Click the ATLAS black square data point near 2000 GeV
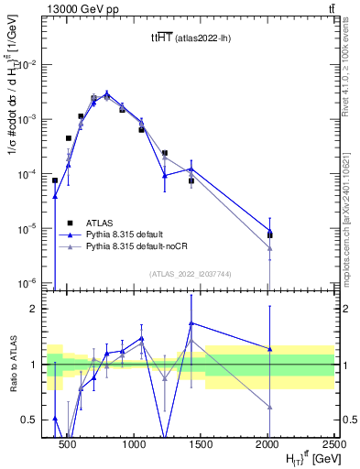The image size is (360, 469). (x=269, y=234)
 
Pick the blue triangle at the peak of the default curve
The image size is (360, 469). (x=107, y=93)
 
